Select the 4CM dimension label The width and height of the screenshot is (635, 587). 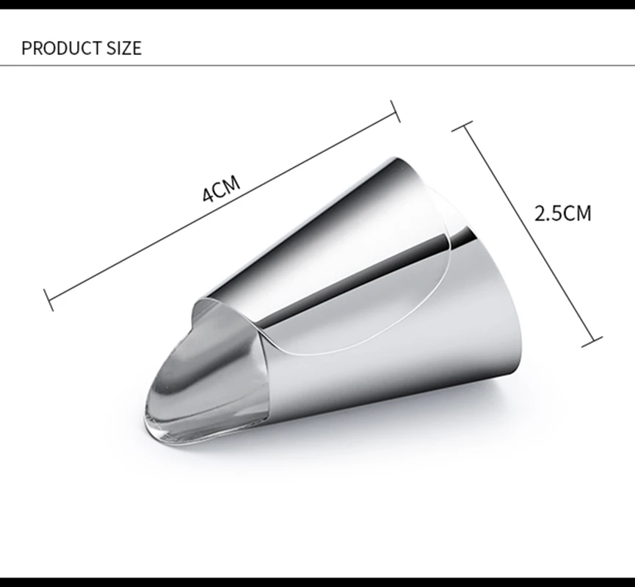[x=221, y=189]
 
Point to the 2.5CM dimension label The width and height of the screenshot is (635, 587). [x=563, y=214]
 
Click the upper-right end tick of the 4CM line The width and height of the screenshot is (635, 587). [x=395, y=111]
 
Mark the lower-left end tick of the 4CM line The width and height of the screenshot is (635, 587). [x=48, y=300]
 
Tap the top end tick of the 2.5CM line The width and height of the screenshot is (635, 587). [x=462, y=126]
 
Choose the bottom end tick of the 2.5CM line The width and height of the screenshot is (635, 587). [x=592, y=342]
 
